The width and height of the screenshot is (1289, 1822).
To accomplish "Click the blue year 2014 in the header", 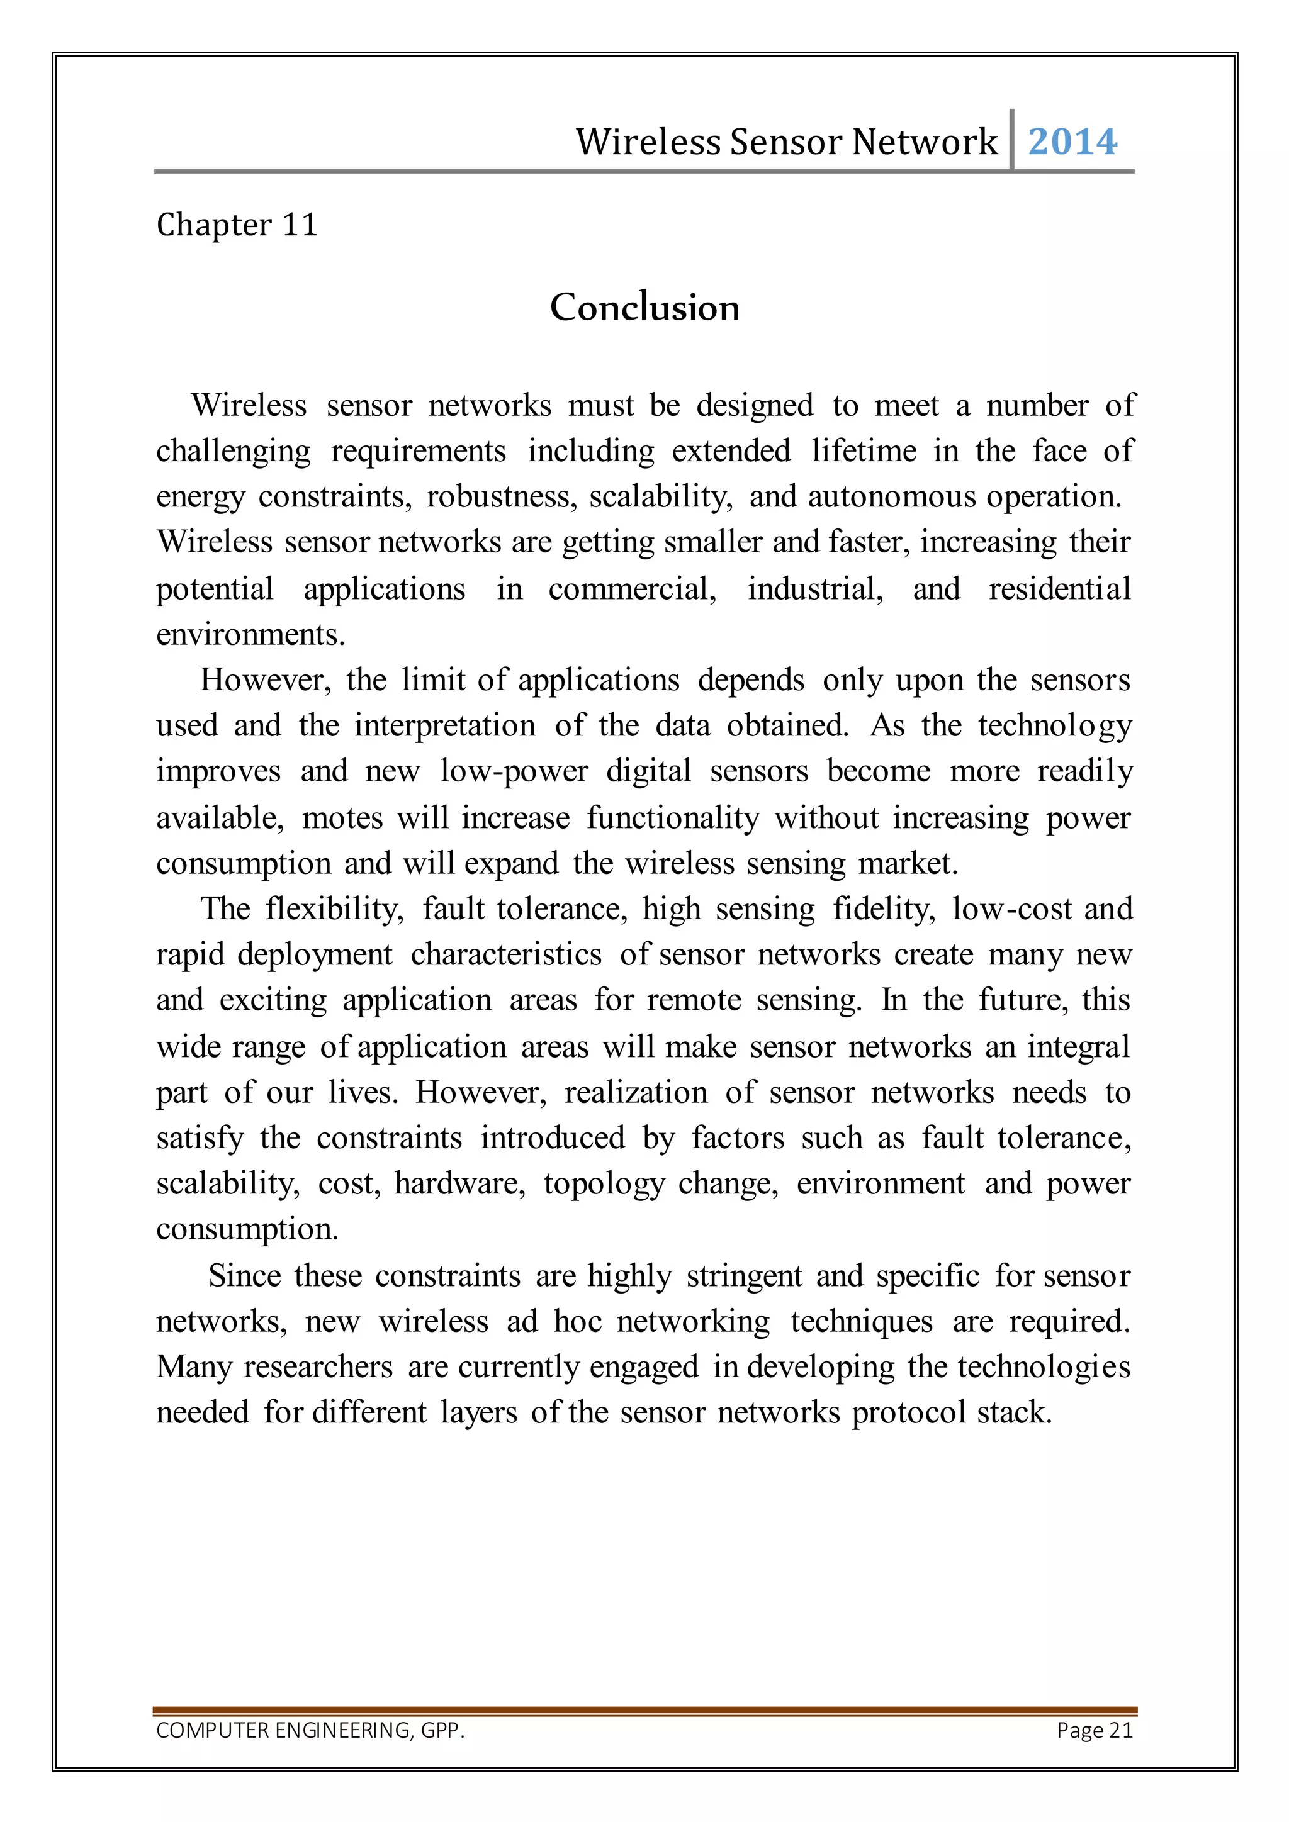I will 1072,142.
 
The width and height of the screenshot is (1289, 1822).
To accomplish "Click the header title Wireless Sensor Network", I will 785,142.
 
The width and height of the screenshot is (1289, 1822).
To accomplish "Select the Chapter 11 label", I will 237,225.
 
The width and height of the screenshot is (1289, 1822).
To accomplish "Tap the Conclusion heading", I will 644,307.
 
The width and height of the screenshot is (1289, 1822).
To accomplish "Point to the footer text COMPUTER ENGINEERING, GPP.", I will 310,1730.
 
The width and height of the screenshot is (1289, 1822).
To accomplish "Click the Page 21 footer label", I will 1095,1730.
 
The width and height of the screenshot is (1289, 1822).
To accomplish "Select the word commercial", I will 632,589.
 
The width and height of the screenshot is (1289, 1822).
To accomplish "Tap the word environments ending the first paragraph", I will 250,635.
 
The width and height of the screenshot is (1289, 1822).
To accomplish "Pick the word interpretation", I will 444,725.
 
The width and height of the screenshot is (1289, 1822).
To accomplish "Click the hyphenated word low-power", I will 514,771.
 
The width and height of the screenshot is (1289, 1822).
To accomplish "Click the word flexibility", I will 334,908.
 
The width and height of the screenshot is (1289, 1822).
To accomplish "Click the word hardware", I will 459,1183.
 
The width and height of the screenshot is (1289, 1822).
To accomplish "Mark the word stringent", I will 744,1275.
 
